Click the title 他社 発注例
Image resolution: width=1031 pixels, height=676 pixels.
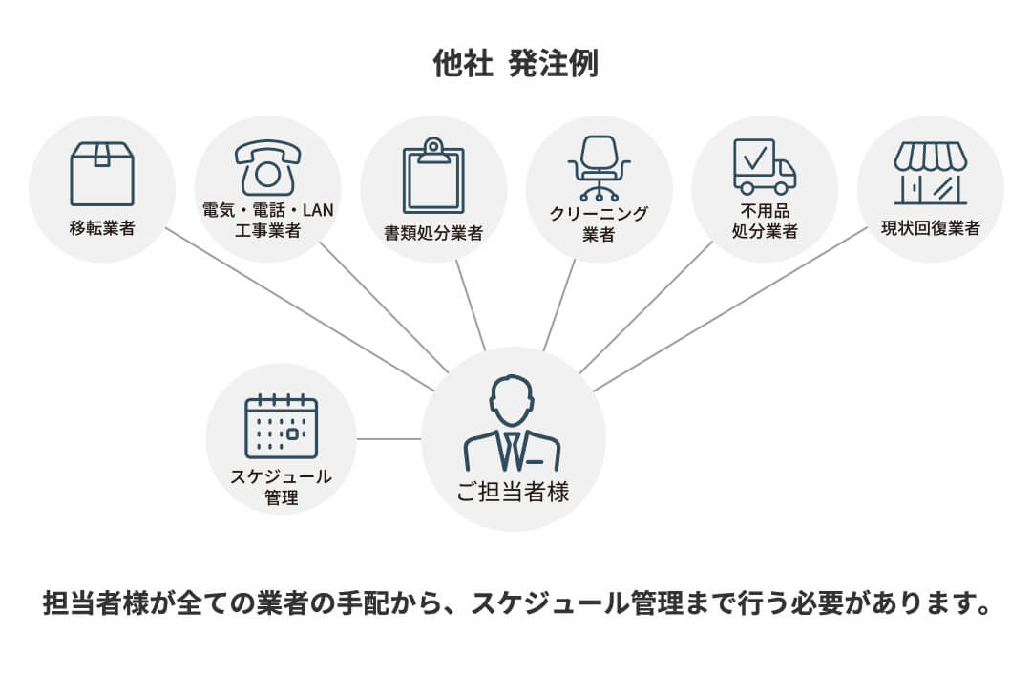point(515,65)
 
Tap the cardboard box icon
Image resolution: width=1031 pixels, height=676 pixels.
point(102,174)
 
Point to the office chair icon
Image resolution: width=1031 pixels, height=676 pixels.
point(599,168)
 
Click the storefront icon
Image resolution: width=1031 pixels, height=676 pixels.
point(930,173)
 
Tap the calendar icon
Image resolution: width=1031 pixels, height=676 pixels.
point(281,426)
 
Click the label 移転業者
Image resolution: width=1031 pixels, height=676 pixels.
point(102,229)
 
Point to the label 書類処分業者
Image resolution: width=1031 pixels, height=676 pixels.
point(433,233)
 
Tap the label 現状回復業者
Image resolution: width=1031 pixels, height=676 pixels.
point(930,228)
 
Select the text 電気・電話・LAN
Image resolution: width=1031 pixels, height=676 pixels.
point(267,211)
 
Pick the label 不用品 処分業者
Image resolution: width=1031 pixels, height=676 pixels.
point(764,222)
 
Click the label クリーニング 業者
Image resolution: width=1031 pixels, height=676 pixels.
point(599,223)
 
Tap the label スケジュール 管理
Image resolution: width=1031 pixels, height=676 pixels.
point(281,486)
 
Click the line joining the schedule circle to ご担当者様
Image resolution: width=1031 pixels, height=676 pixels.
point(389,439)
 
